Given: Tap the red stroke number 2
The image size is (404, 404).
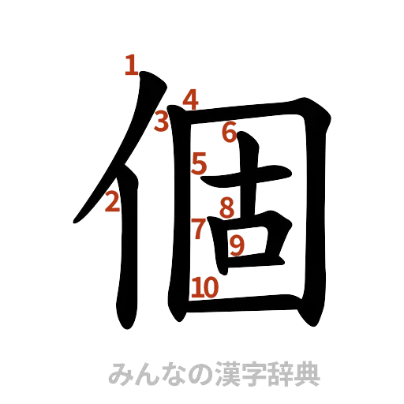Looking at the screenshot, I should (111, 203).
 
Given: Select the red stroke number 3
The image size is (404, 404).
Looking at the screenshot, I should (162, 122).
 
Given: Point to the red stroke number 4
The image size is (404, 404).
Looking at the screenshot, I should (189, 100).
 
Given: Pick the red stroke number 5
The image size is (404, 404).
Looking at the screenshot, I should (199, 164).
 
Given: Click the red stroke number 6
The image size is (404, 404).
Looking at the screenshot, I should (229, 133).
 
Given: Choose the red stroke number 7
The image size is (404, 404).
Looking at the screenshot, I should (199, 228).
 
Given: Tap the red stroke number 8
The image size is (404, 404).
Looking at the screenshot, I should (226, 208).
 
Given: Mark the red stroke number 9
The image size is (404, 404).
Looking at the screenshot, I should (236, 246).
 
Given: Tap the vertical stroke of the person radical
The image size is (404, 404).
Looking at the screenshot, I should (126, 252).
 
